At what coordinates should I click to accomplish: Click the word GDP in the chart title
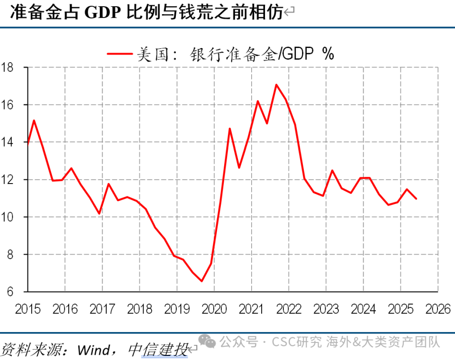click(102, 13)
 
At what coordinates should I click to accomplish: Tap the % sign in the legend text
click(328, 54)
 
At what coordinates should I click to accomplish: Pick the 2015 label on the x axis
click(27, 310)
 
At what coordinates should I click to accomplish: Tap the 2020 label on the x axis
click(214, 310)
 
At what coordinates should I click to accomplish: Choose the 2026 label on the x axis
click(438, 310)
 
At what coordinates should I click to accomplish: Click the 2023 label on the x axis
click(326, 310)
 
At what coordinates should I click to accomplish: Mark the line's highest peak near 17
click(276, 85)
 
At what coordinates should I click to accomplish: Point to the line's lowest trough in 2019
click(201, 281)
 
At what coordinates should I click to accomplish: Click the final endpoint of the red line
click(416, 199)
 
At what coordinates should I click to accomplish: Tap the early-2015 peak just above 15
click(34, 120)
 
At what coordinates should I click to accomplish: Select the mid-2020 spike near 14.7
click(229, 129)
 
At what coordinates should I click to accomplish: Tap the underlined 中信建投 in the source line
click(158, 351)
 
